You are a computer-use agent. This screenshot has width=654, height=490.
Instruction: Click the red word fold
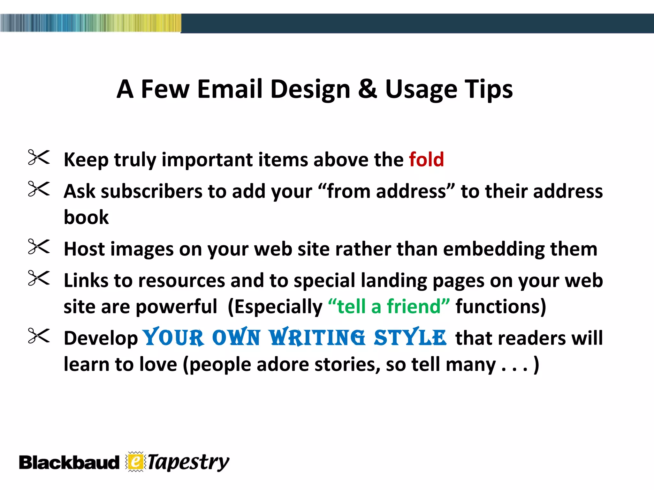(426, 159)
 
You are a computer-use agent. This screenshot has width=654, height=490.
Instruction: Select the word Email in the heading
(230, 89)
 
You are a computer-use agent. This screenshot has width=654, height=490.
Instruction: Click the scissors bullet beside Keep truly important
(39, 157)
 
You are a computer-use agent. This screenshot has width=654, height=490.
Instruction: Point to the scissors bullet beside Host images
(39, 247)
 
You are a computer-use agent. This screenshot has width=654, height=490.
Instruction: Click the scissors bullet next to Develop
(39, 336)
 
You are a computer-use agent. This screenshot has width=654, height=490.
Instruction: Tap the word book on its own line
(86, 217)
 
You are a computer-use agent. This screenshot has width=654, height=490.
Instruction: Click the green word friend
(414, 306)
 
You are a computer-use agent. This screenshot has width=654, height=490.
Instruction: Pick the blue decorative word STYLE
(410, 338)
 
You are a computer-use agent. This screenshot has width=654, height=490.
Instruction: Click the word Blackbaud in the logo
(69, 463)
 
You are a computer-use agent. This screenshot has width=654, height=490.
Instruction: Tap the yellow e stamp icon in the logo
(135, 462)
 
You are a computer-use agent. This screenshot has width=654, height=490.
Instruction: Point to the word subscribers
(152, 191)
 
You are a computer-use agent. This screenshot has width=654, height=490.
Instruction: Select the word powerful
(177, 307)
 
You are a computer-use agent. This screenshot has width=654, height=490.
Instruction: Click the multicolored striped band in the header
(91, 23)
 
